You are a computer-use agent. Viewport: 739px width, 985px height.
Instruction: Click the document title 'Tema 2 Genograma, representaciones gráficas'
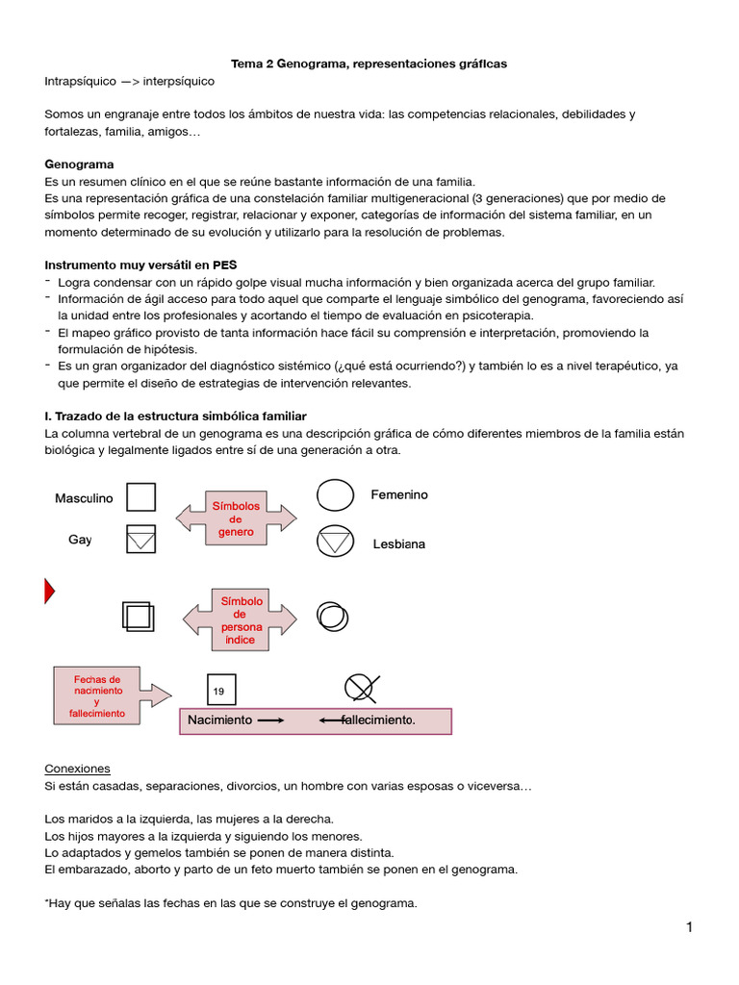coord(369,63)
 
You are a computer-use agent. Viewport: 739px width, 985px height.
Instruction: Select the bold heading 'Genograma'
coord(79,164)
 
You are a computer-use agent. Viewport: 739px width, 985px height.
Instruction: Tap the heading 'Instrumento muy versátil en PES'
coord(140,265)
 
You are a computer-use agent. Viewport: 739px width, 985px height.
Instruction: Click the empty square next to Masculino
coord(141,496)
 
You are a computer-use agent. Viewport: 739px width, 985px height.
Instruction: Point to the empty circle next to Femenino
coord(335,495)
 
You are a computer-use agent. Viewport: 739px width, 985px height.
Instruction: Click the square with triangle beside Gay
coord(141,540)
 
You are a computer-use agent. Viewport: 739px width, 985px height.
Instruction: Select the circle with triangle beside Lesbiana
coord(335,542)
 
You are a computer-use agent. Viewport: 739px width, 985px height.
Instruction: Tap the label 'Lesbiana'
coord(399,544)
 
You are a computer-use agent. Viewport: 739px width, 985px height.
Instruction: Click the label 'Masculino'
coord(84,498)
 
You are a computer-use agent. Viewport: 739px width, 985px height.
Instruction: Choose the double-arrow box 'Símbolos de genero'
coord(236,518)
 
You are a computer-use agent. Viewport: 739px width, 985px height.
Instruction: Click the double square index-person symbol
coord(138,616)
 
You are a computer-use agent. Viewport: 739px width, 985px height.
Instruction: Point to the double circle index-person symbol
coord(333,615)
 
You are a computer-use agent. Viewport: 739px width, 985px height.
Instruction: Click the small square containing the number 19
coord(220,690)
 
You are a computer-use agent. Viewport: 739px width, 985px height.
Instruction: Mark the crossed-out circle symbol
coord(360,687)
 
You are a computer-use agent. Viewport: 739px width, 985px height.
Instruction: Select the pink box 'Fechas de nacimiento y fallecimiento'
coord(97,695)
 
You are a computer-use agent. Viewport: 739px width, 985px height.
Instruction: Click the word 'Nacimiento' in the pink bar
coord(219,720)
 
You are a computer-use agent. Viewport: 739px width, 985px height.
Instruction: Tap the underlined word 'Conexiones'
coord(78,769)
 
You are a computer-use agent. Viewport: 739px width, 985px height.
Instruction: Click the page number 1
coord(689,927)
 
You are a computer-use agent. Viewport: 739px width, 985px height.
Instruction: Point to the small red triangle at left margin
coord(49,592)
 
